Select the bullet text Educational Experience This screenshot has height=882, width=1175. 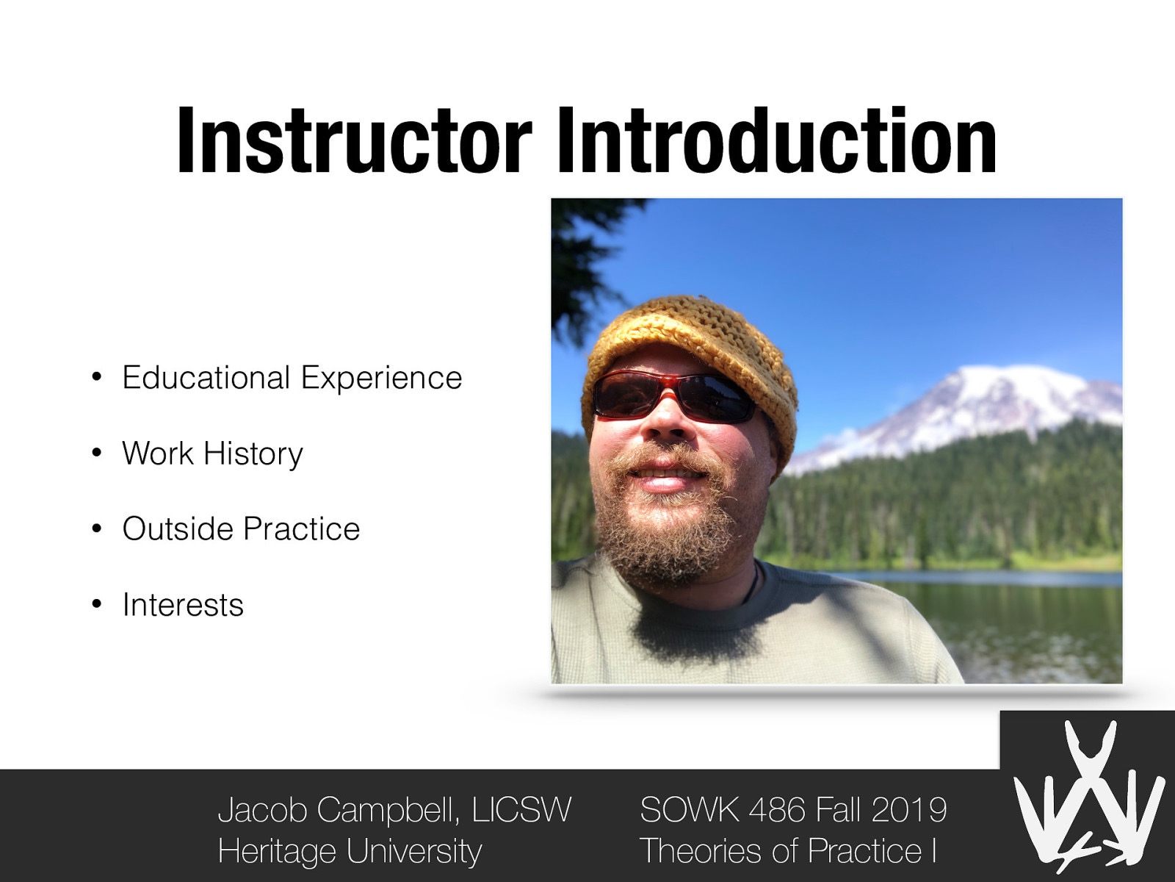click(292, 378)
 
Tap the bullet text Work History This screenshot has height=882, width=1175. click(212, 453)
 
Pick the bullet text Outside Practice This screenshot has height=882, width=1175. click(241, 529)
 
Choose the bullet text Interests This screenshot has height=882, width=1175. click(183, 605)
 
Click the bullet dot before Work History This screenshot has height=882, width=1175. click(96, 454)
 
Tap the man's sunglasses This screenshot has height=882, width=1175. click(672, 397)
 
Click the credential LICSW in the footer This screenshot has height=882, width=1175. click(521, 810)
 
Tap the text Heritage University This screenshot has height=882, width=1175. click(350, 851)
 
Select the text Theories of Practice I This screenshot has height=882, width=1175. click(788, 851)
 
